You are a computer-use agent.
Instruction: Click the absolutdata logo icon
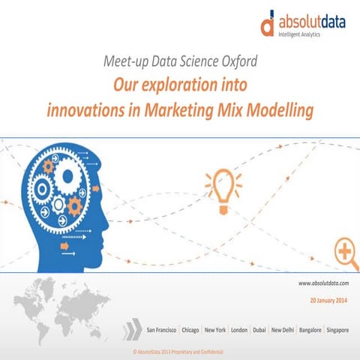[x=268, y=25]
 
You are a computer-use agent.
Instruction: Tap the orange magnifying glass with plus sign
[x=346, y=253]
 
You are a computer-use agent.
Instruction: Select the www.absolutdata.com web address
[x=324, y=283]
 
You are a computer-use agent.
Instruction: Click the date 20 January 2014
[x=328, y=300]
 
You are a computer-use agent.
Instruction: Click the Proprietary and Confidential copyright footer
[x=178, y=351]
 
